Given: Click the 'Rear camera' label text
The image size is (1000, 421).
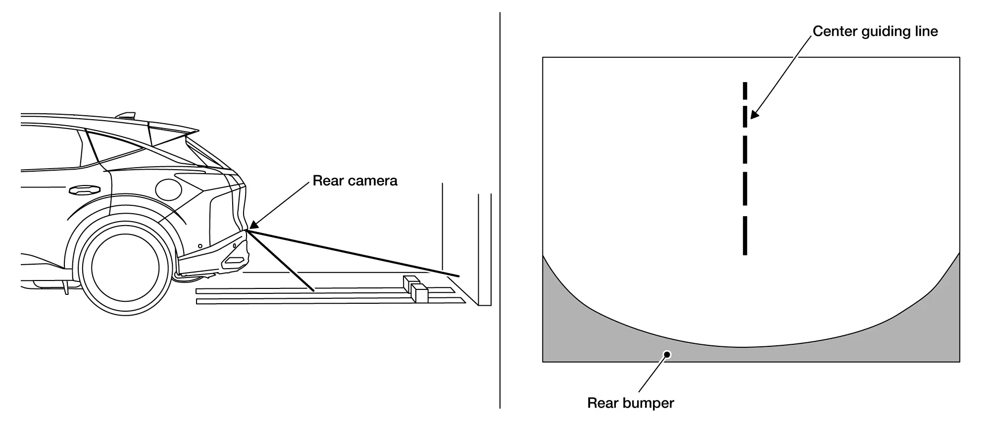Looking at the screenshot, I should pyautogui.click(x=354, y=181).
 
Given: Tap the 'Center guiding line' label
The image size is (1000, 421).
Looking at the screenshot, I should pyautogui.click(x=875, y=32).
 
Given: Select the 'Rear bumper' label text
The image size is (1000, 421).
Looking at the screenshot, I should pyautogui.click(x=630, y=403).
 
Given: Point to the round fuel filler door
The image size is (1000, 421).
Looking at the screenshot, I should pyautogui.click(x=168, y=189).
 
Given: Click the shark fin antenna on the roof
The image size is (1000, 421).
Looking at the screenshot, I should pyautogui.click(x=126, y=116).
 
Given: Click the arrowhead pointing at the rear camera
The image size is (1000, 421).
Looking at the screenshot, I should pyautogui.click(x=253, y=225).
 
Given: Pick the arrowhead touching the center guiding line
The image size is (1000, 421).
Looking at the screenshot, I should pyautogui.click(x=753, y=115).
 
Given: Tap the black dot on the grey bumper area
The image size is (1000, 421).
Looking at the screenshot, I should pyautogui.click(x=667, y=354).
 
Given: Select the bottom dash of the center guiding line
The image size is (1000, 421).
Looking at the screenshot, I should pyautogui.click(x=745, y=235).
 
